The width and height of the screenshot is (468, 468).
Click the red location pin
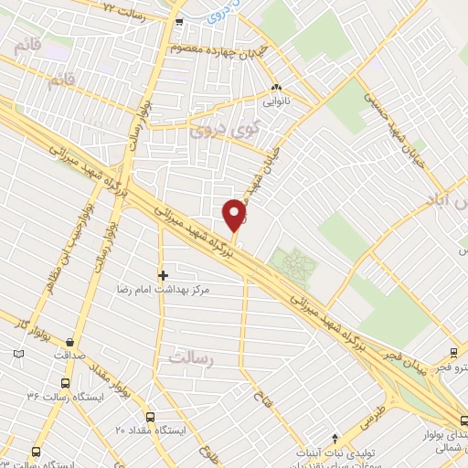pos(235,214)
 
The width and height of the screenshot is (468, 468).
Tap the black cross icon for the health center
pos(164,273)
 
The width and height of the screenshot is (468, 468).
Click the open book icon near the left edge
pos(17,352)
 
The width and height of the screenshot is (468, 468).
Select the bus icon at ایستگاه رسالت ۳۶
pos(64,383)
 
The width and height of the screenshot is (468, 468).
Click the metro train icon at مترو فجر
pos(454,353)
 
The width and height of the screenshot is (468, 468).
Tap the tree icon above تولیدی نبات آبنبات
pos(335,438)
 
